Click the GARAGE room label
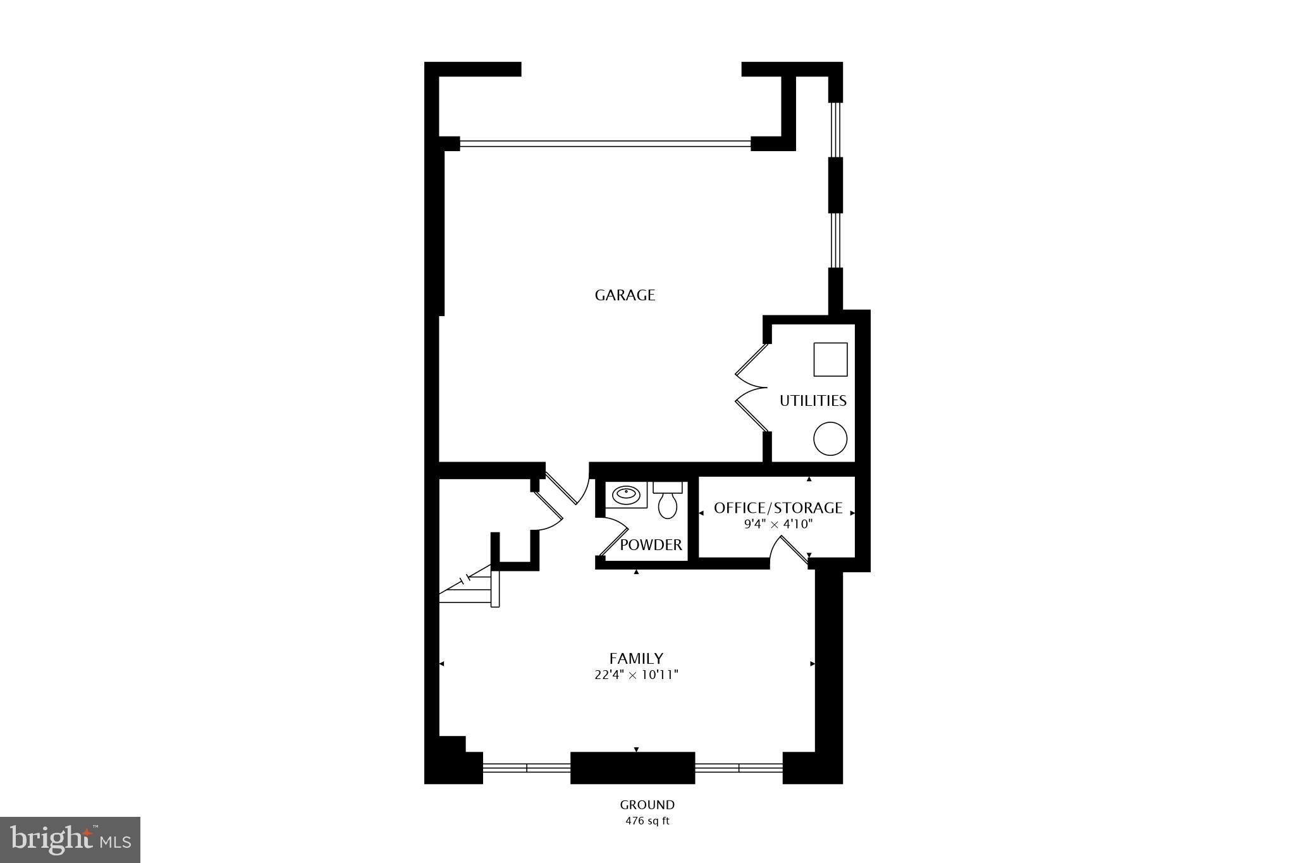click(x=625, y=295)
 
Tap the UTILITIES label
click(x=813, y=401)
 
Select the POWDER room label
click(x=651, y=545)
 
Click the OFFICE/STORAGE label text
click(x=778, y=508)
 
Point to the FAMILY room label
click(x=636, y=658)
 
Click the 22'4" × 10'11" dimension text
click(x=636, y=675)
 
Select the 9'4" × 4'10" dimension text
click(x=778, y=524)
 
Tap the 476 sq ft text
click(x=647, y=821)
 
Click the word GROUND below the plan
click(x=647, y=805)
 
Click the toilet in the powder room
click(x=668, y=499)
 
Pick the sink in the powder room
click(x=626, y=494)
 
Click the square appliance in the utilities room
click(x=830, y=359)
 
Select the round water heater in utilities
click(x=830, y=439)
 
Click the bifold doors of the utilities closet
click(x=751, y=388)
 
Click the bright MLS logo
click(x=70, y=840)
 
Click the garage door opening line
click(x=605, y=144)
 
